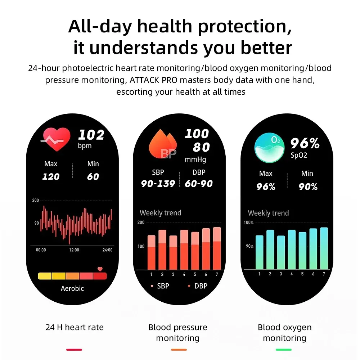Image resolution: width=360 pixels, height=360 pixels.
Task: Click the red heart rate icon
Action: (57, 140)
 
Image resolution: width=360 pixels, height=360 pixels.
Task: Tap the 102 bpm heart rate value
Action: (91, 135)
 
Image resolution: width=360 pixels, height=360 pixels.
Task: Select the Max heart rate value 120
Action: (51, 177)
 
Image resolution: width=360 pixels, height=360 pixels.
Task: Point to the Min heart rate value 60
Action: (93, 177)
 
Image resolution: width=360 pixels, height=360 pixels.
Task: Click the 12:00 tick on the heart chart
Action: (74, 250)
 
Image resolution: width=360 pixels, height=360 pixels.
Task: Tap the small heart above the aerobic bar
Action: (100, 269)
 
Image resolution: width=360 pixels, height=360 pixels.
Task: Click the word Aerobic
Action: (72, 289)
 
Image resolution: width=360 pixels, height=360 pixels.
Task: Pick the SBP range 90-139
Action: (158, 184)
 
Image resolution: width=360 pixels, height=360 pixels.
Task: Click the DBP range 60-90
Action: (199, 184)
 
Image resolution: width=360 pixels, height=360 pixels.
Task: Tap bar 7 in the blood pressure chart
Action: (217, 248)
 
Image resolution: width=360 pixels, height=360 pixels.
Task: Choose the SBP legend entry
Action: (160, 286)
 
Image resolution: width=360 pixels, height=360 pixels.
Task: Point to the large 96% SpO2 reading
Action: (305, 144)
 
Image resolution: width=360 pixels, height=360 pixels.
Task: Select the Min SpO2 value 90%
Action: (308, 187)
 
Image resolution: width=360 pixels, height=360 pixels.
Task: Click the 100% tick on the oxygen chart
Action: (249, 222)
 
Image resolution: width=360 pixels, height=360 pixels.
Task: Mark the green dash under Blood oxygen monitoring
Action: (284, 349)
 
